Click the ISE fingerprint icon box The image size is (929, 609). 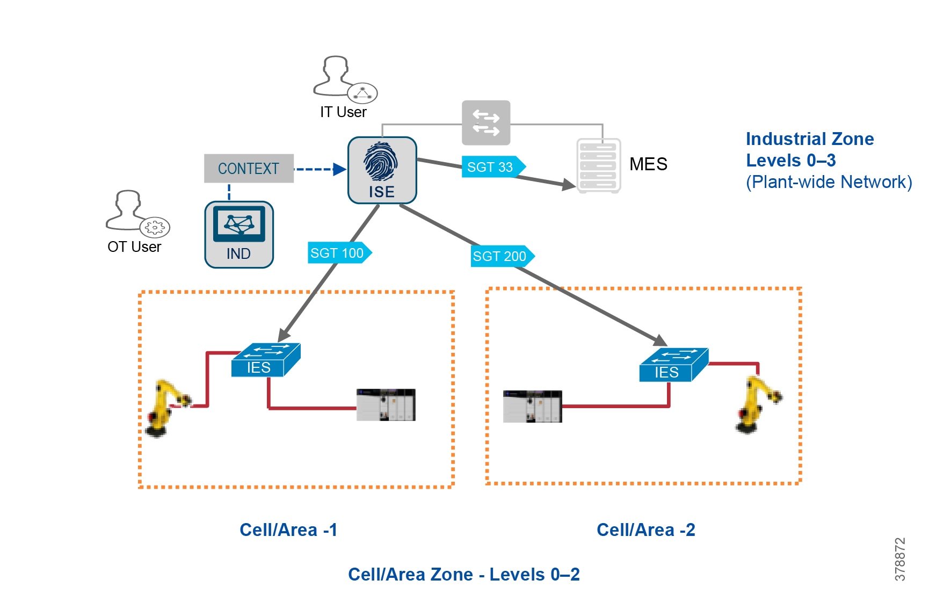[382, 170]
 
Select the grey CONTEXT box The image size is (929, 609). [249, 169]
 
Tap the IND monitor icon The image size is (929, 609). [239, 234]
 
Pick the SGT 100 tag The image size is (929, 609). [339, 253]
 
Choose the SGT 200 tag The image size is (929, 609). [502, 256]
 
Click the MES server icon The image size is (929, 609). [598, 165]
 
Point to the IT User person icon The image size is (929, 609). [344, 79]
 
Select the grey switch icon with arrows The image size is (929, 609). [486, 123]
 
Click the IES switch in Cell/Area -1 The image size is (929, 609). [265, 360]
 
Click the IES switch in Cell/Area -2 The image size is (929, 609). [673, 365]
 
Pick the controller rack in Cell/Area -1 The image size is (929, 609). [386, 405]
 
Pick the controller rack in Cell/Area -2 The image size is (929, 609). [532, 407]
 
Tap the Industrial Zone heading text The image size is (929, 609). [809, 139]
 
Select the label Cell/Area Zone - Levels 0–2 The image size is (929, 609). [463, 575]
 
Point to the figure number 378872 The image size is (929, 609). [900, 559]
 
